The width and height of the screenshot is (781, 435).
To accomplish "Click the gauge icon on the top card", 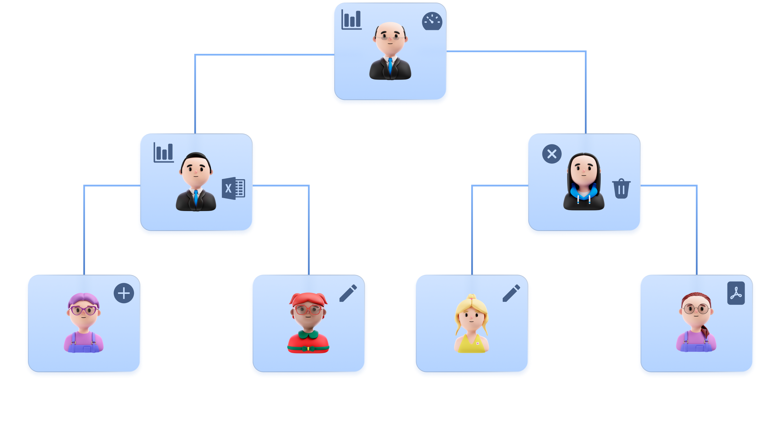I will [x=432, y=21].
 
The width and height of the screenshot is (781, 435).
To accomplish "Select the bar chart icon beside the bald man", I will [x=351, y=20].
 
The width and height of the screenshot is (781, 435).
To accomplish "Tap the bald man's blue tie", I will [x=390, y=66].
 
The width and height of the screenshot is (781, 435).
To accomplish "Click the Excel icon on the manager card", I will [x=233, y=188].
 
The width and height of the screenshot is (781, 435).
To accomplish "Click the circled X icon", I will [x=552, y=154].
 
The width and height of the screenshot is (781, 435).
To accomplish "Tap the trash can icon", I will [x=621, y=189].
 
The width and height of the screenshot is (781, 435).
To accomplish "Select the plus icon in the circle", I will [x=124, y=293].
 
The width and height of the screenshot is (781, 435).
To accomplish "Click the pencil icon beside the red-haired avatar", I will [x=348, y=293].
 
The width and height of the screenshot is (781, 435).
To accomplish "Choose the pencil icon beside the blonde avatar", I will [x=511, y=293].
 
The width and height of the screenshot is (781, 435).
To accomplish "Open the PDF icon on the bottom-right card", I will [x=736, y=293].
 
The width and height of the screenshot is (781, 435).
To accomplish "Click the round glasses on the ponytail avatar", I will [x=696, y=309].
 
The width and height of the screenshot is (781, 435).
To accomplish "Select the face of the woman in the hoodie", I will [x=584, y=169].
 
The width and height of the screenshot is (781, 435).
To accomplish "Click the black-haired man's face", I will [x=196, y=171].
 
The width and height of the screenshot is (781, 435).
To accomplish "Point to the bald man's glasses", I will [x=390, y=37].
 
